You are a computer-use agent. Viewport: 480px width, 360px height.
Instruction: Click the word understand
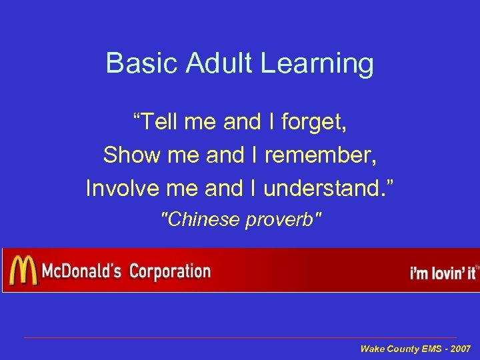click(x=329, y=189)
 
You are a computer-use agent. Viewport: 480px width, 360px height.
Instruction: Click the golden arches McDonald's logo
click(x=23, y=271)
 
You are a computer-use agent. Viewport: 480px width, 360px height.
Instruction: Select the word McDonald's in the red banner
click(x=81, y=271)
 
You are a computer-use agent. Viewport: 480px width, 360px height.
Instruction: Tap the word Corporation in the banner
click(x=169, y=271)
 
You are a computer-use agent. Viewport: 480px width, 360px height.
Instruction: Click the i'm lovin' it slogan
click(x=442, y=273)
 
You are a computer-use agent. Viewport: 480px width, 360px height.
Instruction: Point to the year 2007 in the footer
click(x=460, y=349)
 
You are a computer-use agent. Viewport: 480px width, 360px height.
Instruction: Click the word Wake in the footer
click(x=371, y=349)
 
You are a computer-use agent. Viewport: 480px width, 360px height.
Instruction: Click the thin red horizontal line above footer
click(x=240, y=337)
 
